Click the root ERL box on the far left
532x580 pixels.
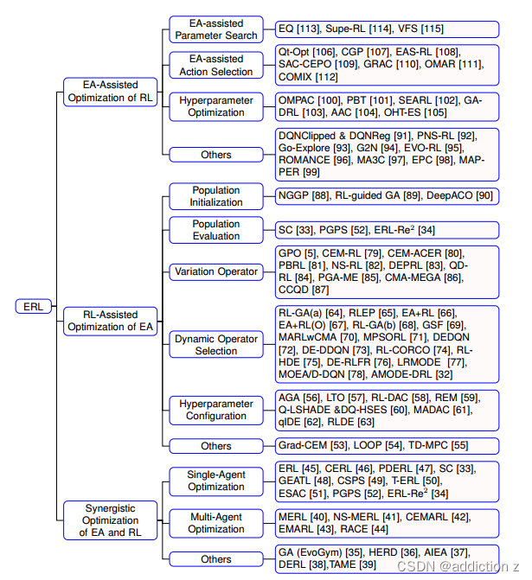click(x=33, y=306)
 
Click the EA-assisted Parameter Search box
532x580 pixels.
click(x=215, y=29)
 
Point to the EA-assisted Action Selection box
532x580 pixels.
click(x=215, y=65)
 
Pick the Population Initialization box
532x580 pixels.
click(x=215, y=195)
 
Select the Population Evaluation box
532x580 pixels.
click(x=215, y=229)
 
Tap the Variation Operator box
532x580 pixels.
click(x=215, y=271)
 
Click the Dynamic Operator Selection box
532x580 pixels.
click(x=215, y=344)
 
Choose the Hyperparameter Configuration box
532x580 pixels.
click(x=215, y=410)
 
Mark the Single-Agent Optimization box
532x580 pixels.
click(x=215, y=481)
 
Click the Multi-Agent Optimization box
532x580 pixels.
click(x=215, y=522)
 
